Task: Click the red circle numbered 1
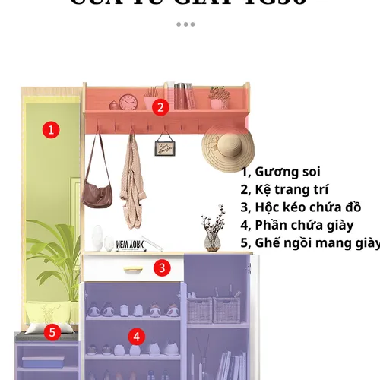[51, 129]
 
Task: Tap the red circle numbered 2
[160, 107]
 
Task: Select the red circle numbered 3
[162, 268]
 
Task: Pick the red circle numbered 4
[135, 336]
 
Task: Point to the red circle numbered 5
[52, 332]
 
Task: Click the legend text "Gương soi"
[280, 172]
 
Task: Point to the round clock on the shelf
[128, 102]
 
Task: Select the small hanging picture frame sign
[165, 147]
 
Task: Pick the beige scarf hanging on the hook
[132, 186]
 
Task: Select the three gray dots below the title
[185, 24]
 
